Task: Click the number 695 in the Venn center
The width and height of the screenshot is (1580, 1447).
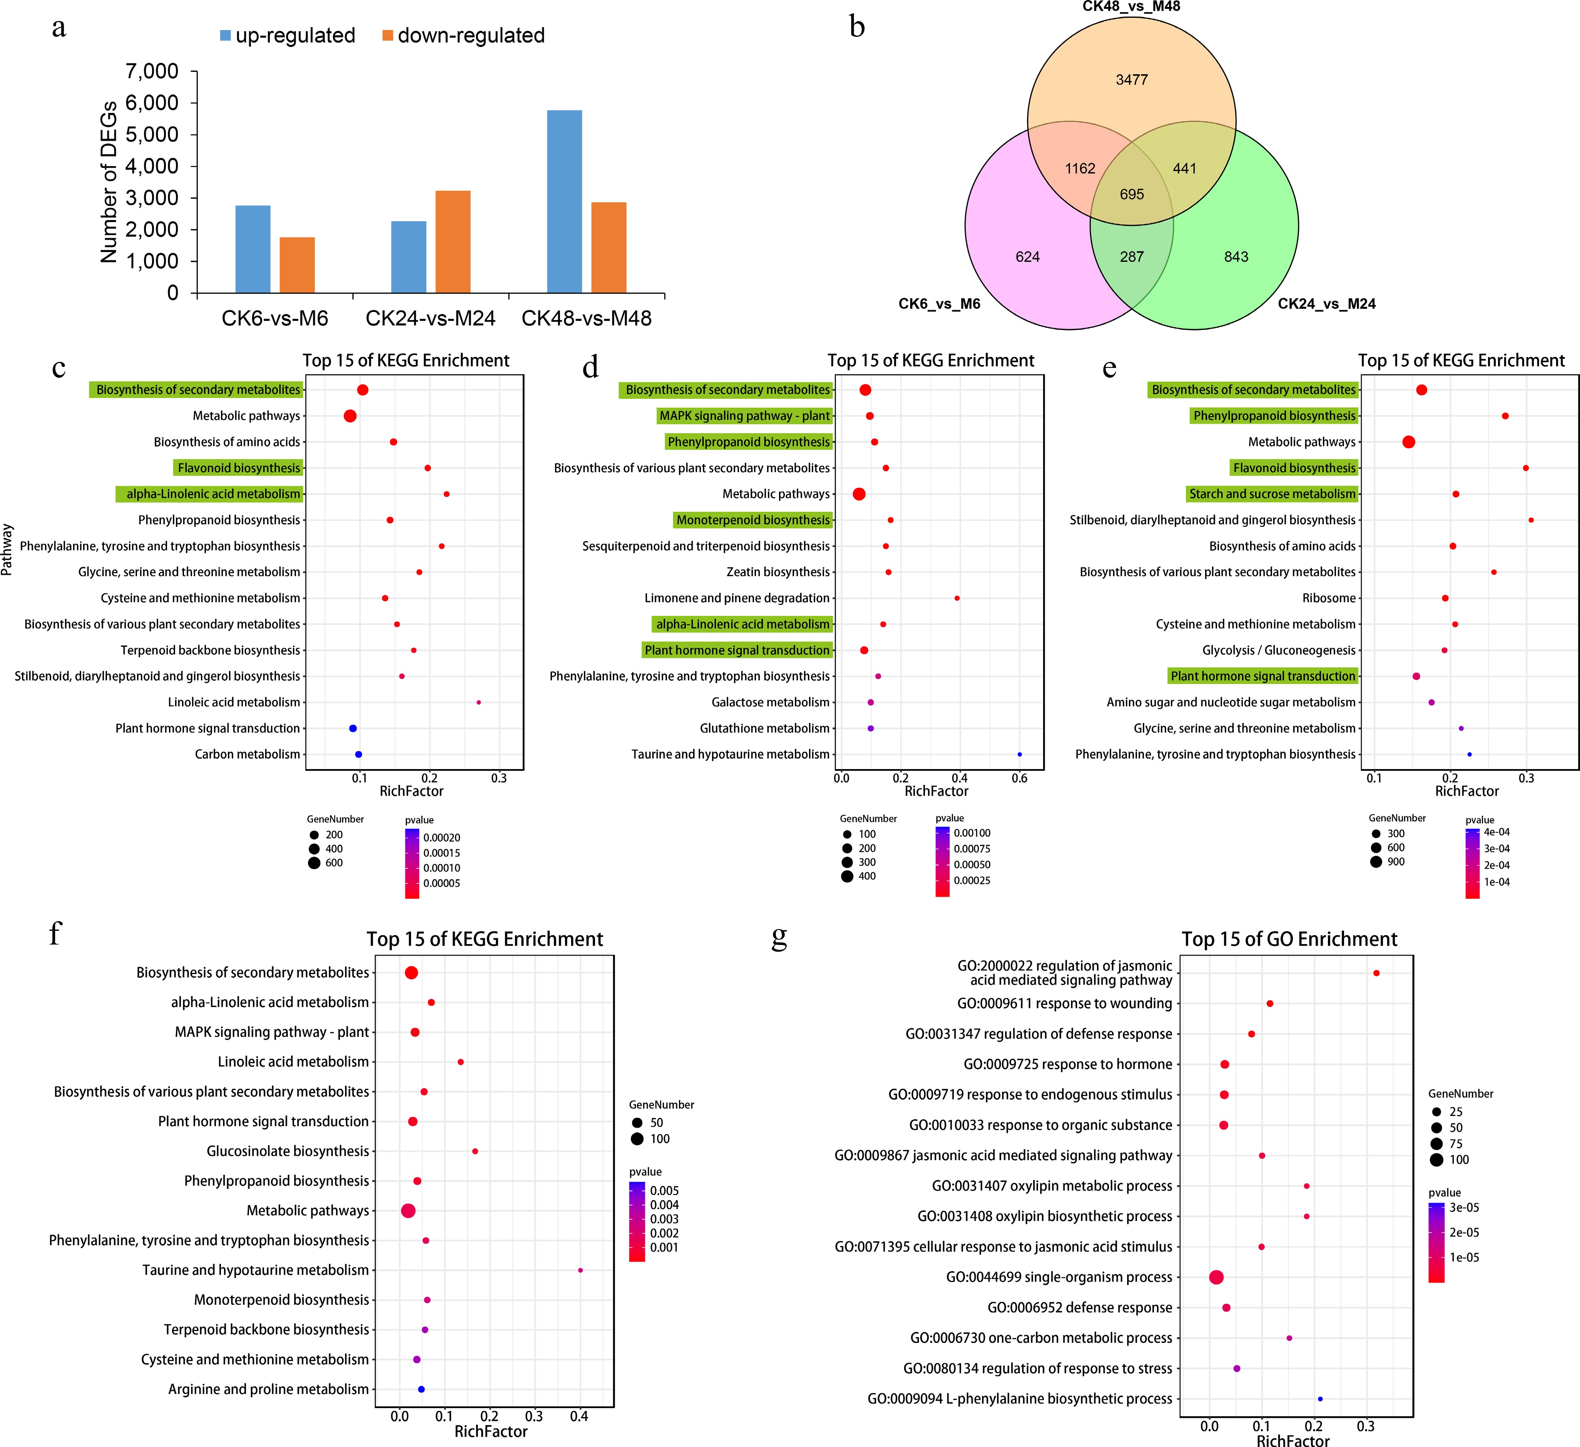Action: pyautogui.click(x=1132, y=194)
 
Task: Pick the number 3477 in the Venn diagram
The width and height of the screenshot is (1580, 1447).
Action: pyautogui.click(x=1132, y=80)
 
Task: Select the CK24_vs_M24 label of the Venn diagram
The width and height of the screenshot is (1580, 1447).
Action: pyautogui.click(x=1326, y=304)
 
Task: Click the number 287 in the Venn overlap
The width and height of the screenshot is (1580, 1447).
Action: pyautogui.click(x=1132, y=257)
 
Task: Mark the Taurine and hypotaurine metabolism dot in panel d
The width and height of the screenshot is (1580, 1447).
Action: pyautogui.click(x=1019, y=754)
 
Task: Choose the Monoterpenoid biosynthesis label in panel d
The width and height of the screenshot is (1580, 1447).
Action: pyautogui.click(x=752, y=520)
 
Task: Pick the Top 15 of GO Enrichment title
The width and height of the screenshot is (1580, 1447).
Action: pyautogui.click(x=1289, y=939)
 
